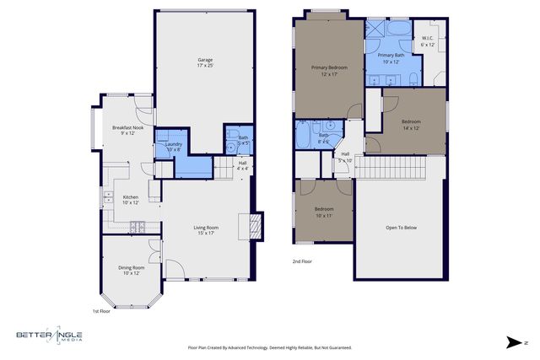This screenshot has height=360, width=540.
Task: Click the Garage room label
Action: [205, 63]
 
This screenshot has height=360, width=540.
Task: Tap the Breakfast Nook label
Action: [127, 130]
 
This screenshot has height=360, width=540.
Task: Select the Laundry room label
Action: [174, 147]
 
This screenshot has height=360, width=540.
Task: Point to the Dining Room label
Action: [131, 271]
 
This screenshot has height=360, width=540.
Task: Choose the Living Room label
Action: [206, 230]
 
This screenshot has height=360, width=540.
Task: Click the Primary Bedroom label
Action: [329, 71]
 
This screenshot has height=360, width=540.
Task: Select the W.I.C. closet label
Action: [428, 41]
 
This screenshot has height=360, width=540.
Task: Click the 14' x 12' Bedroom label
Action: [411, 125]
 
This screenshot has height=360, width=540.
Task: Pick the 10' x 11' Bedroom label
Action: [324, 212]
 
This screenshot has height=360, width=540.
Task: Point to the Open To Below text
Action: [401, 227]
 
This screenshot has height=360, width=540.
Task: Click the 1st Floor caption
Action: [101, 310]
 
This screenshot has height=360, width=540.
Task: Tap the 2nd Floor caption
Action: [301, 262]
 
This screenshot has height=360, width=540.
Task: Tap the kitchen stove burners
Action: [138, 226]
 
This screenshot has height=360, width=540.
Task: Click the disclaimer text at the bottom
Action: [269, 347]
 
